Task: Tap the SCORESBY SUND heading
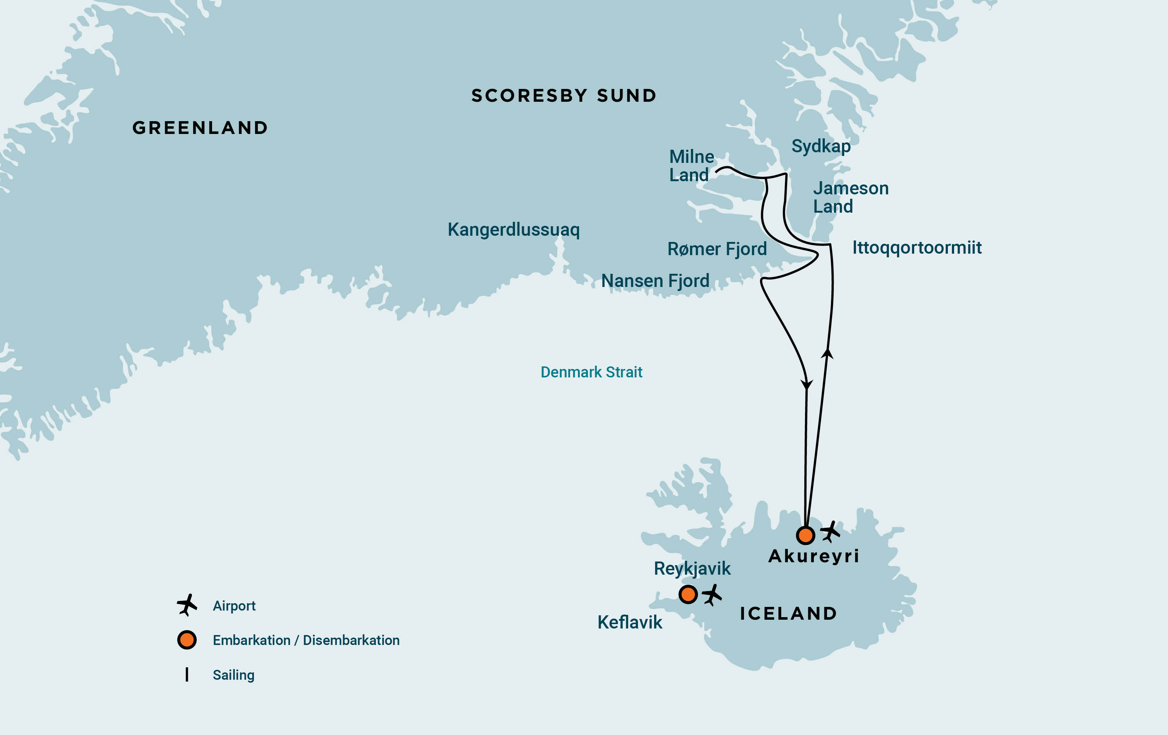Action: click(x=564, y=96)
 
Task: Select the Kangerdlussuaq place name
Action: click(x=513, y=230)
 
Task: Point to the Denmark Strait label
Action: click(x=591, y=372)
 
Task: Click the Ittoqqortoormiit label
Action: click(x=917, y=247)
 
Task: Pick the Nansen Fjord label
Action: click(x=655, y=281)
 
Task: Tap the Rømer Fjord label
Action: click(x=717, y=249)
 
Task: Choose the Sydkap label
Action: click(x=821, y=146)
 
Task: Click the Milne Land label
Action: click(x=691, y=165)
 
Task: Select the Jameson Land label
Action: click(x=850, y=197)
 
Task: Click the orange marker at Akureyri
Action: click(x=805, y=535)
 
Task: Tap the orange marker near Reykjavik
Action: click(x=688, y=594)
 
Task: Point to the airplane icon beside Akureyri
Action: click(x=830, y=532)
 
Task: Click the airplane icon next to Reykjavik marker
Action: click(x=712, y=594)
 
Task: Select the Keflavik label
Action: click(x=629, y=622)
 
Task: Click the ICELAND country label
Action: click(x=788, y=613)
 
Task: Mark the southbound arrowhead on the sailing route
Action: click(x=807, y=384)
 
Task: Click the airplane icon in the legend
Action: click(x=187, y=605)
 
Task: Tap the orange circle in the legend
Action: click(x=187, y=640)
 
